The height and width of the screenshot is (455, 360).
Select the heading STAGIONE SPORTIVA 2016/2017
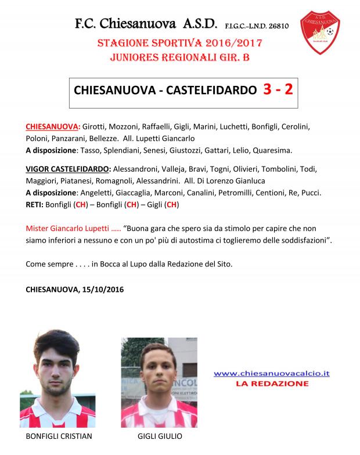point(179,44)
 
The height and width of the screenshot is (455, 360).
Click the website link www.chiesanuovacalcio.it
point(272,373)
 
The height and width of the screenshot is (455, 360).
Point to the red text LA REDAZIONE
point(272,384)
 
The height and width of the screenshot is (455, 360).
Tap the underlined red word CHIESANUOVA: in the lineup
point(53,127)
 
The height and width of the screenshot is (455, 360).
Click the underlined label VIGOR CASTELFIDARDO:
point(68,169)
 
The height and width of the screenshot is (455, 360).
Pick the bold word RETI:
point(38,204)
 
